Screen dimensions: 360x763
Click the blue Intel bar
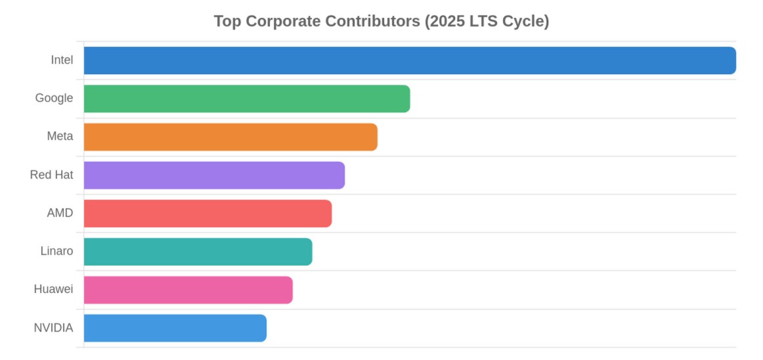tap(410, 60)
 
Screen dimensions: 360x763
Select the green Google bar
tap(247, 99)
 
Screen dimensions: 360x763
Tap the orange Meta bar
tap(230, 137)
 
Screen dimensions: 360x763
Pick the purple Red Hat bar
tap(214, 175)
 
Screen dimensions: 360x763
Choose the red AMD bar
tap(207, 214)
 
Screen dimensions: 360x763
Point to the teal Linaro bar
tap(198, 252)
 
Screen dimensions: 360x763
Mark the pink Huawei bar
tap(188, 290)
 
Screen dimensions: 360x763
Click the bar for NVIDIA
tap(175, 328)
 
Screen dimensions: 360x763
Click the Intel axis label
tap(62, 60)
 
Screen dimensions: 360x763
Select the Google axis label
tap(54, 99)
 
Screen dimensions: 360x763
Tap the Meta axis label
tap(60, 137)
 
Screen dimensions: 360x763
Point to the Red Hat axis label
tap(51, 175)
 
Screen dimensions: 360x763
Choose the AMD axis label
tap(60, 214)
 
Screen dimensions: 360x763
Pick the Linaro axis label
tap(56, 252)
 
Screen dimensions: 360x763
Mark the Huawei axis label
tap(53, 290)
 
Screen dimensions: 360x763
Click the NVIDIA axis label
tap(53, 328)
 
